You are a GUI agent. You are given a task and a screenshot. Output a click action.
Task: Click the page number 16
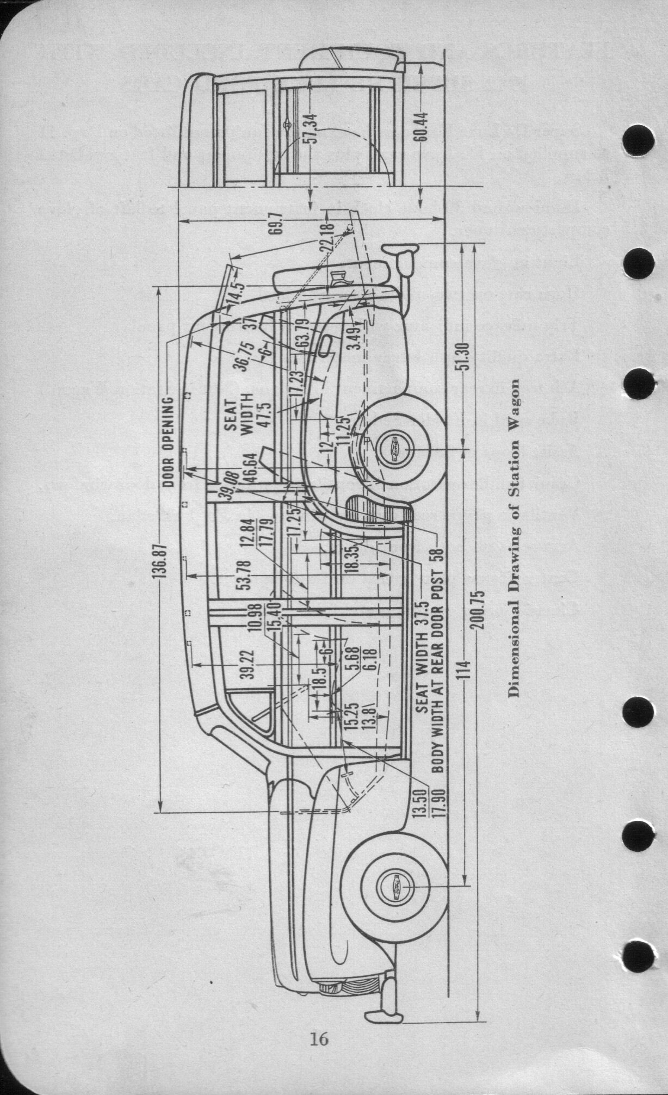coord(318,1039)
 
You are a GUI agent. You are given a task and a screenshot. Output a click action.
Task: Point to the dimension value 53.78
coord(244,575)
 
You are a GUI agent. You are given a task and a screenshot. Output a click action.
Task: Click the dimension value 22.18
coord(326,237)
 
